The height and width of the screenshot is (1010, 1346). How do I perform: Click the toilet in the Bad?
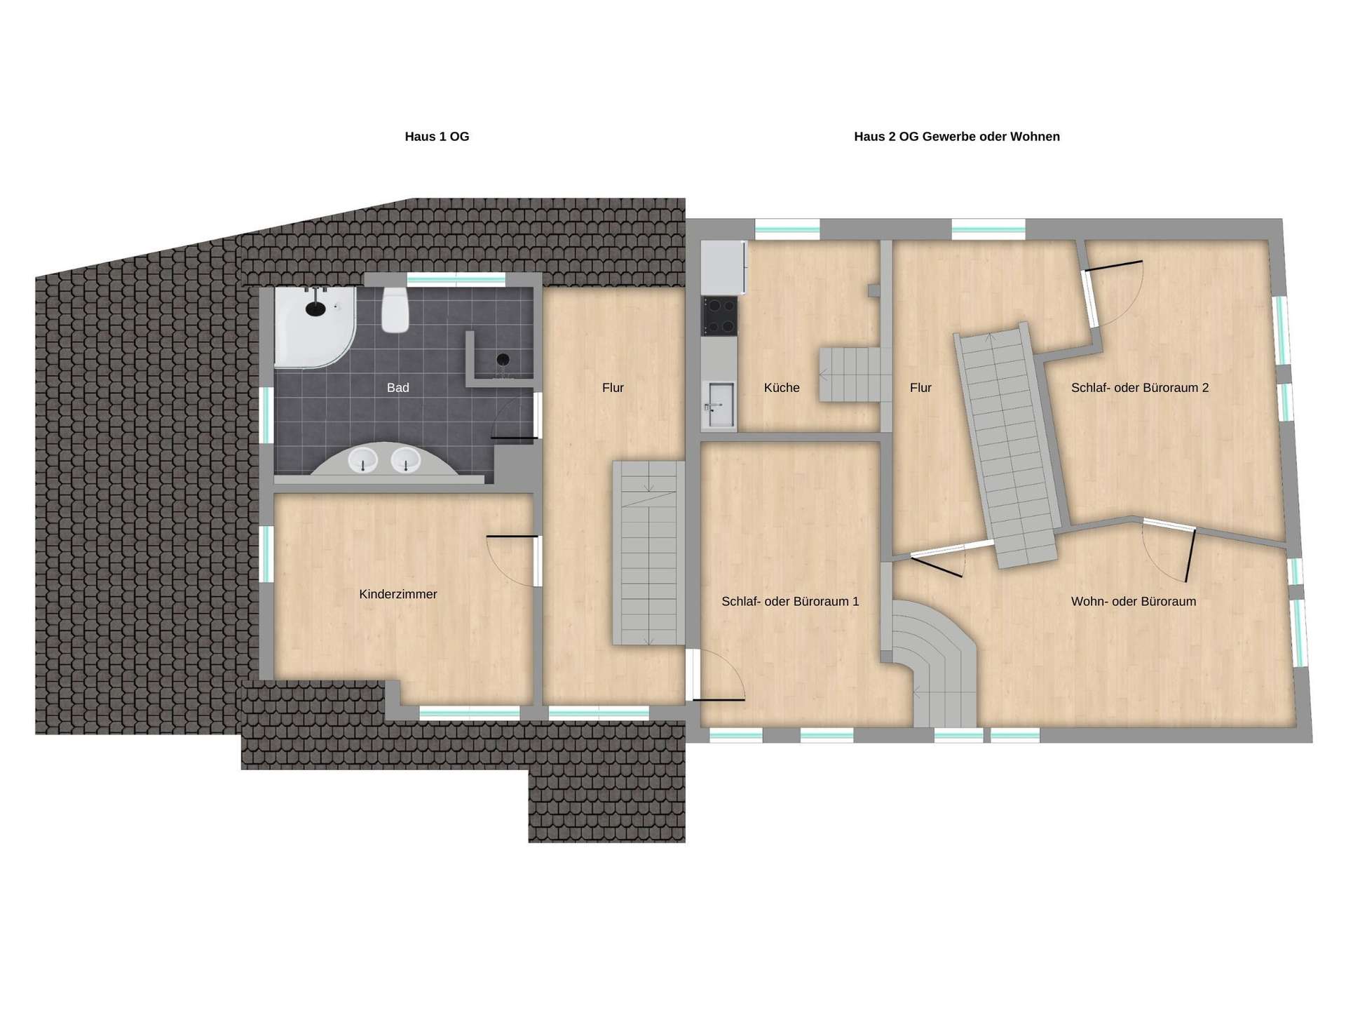[395, 310]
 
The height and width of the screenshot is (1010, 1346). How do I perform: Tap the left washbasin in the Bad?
[363, 461]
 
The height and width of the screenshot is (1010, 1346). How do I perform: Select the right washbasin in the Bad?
[405, 461]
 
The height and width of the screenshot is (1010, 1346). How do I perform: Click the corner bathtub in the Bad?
[315, 327]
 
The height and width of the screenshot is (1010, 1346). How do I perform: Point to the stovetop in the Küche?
[720, 316]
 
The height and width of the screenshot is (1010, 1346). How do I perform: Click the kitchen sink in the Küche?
[720, 405]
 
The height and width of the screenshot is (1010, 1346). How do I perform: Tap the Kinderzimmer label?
[398, 594]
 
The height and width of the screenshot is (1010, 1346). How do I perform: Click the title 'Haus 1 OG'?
[437, 137]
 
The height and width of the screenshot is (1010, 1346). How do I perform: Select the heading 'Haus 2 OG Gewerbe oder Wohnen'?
[957, 137]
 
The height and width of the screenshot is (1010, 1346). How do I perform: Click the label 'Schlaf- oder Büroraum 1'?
[790, 601]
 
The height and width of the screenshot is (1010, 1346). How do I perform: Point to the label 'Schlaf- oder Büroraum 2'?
[1140, 387]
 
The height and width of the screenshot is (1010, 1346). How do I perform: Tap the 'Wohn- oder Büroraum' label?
[1134, 601]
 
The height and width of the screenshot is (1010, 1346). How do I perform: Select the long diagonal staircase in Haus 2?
[1007, 445]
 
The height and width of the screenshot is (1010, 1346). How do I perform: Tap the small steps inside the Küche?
[850, 375]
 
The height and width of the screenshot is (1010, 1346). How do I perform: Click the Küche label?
[782, 387]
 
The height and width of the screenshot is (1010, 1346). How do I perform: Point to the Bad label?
[397, 387]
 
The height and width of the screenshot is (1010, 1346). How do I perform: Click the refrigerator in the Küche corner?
[724, 267]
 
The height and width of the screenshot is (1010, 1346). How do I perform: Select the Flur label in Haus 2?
[920, 387]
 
